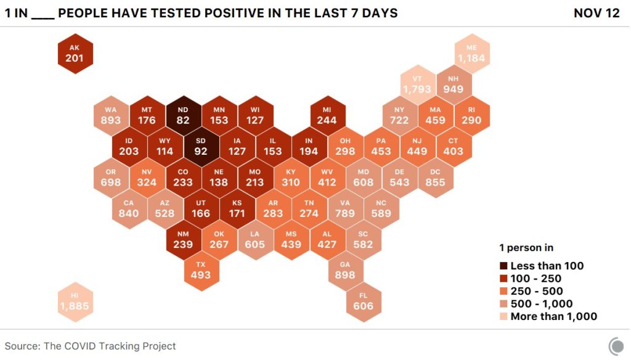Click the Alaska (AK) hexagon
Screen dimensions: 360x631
pos(75,54)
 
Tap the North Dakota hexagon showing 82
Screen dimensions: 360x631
pos(183,115)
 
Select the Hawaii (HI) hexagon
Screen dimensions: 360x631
pos(75,301)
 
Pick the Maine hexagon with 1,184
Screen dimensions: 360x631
pos(471,54)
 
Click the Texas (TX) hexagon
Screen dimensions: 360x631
pos(200,270)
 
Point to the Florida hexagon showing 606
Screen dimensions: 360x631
pos(363,301)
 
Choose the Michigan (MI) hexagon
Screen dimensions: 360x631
pos(327,115)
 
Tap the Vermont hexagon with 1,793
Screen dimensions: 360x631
pos(417,84)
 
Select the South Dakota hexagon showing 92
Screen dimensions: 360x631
pos(201,146)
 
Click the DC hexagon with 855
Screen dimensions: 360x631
pos(436,177)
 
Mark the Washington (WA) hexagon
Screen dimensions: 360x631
pos(111,115)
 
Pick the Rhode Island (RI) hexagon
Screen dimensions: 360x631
pos(471,115)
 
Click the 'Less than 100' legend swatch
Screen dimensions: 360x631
pos(503,266)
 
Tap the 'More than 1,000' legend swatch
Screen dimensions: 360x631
pos(503,317)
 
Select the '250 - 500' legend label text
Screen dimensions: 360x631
pos(537,292)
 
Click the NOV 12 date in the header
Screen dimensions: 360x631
pos(596,13)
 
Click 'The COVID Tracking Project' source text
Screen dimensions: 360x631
pos(110,346)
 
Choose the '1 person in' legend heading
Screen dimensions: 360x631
pos(526,248)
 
